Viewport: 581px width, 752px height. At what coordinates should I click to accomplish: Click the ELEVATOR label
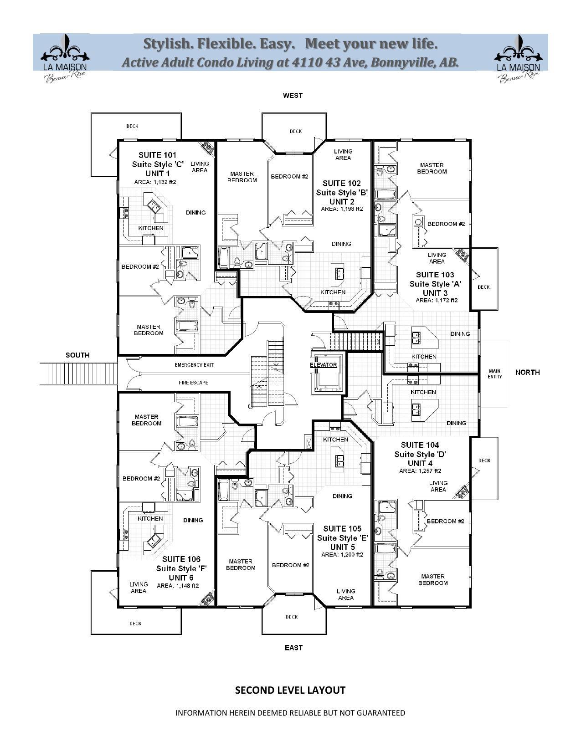tap(323, 365)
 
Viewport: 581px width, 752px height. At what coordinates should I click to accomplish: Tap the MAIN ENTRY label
tap(494, 373)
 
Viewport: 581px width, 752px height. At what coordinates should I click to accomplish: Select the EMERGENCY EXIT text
tap(194, 365)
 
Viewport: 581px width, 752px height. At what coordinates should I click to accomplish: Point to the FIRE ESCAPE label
tap(193, 383)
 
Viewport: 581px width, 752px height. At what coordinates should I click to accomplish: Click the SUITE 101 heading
tap(157, 155)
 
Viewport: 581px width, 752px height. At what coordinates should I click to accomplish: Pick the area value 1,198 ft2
tap(342, 209)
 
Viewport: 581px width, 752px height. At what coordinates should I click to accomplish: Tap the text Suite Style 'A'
tap(435, 284)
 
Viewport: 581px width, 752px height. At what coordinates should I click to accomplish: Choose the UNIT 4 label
tap(420, 463)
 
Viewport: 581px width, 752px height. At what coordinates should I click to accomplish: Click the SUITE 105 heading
tap(342, 528)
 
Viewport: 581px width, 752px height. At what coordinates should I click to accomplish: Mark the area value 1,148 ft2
tap(178, 586)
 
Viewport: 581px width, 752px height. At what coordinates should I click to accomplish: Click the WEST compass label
tap(293, 95)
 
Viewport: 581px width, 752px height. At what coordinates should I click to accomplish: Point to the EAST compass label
tap(293, 647)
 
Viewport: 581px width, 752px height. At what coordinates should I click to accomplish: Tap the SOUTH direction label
tap(77, 355)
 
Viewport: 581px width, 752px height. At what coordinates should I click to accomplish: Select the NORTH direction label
tap(527, 372)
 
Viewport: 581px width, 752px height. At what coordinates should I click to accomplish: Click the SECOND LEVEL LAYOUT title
tap(290, 690)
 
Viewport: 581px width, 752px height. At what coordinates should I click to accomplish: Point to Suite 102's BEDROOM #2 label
tap(289, 176)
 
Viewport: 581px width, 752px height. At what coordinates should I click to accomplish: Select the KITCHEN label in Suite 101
tap(151, 228)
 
